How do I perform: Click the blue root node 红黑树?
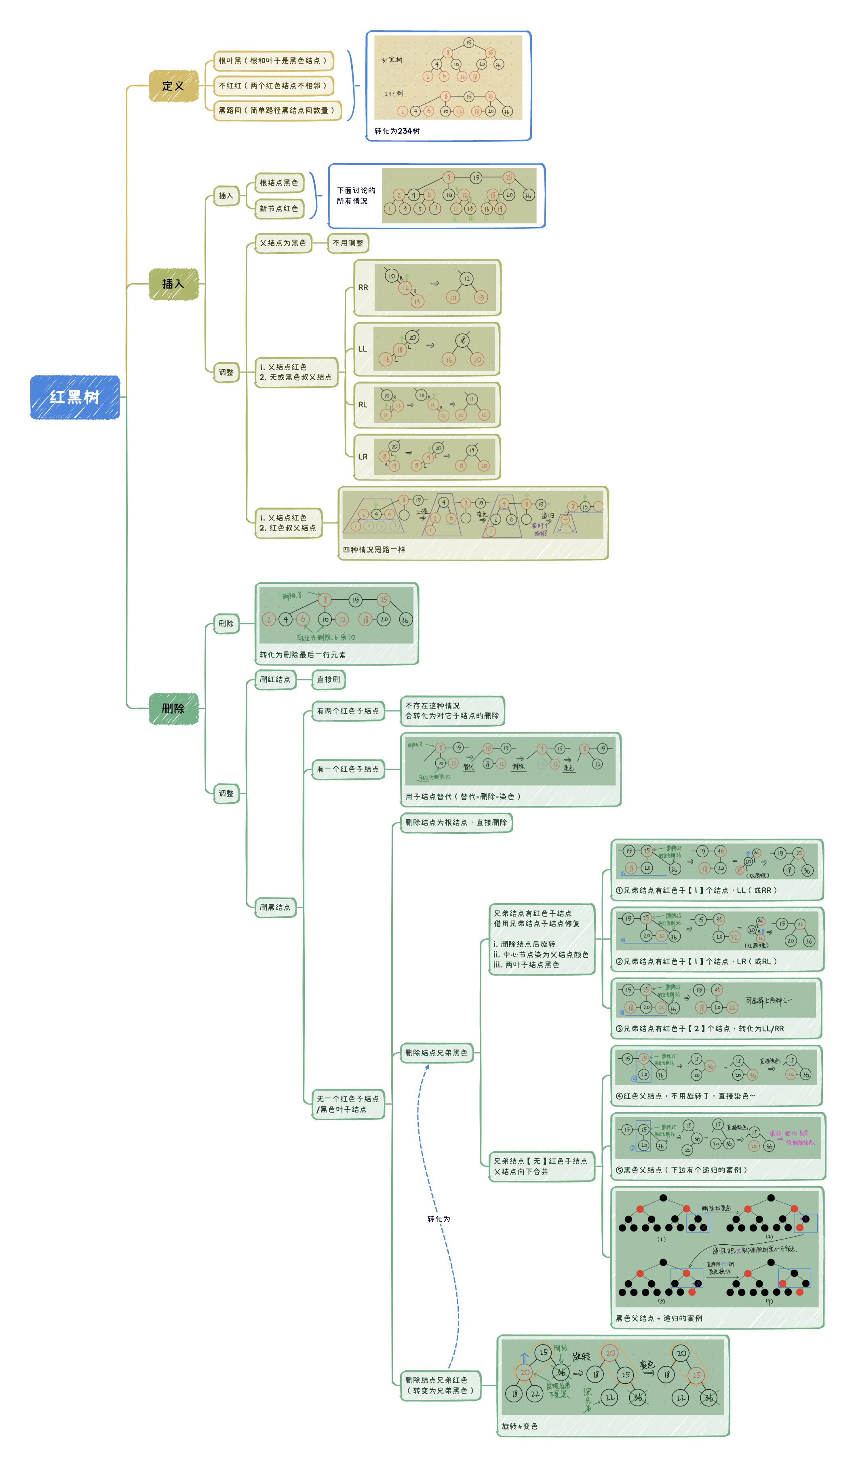click(x=74, y=397)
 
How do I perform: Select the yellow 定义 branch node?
click(x=173, y=86)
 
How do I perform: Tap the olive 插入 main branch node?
click(x=173, y=284)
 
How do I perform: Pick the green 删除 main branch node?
click(x=173, y=708)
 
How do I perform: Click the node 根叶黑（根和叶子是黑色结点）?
click(x=272, y=61)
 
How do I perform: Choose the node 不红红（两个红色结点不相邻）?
click(x=272, y=86)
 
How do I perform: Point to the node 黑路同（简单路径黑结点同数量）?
click(x=276, y=110)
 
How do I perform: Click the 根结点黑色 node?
click(x=279, y=183)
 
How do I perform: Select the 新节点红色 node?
click(x=279, y=209)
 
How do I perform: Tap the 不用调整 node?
click(x=348, y=243)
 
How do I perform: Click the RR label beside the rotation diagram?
click(x=363, y=288)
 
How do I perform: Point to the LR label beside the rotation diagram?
click(x=363, y=457)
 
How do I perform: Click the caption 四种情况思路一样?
click(x=374, y=550)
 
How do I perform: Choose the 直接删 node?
click(x=329, y=679)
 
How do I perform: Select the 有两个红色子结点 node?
click(x=348, y=711)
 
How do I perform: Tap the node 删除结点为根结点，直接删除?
click(x=456, y=822)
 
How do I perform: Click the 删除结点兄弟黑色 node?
click(x=436, y=1052)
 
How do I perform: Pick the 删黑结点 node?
click(x=275, y=907)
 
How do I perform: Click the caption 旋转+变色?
click(x=519, y=1426)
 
